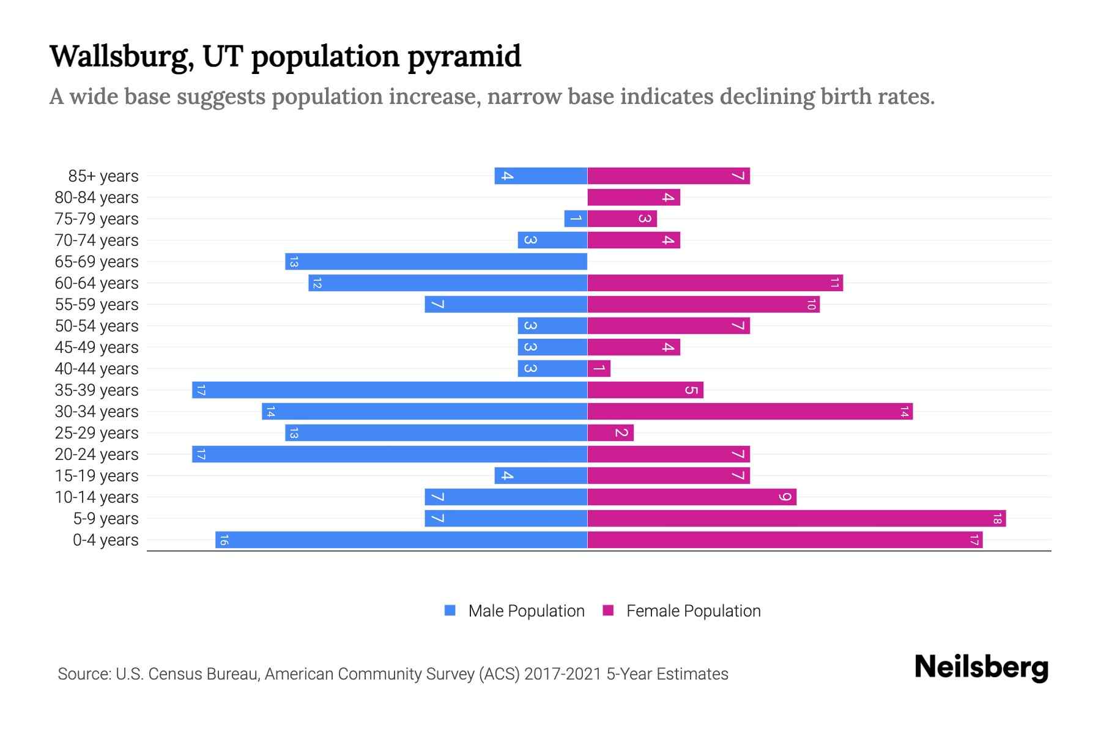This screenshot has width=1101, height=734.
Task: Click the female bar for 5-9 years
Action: coord(796,519)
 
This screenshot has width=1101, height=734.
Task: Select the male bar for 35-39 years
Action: coord(390,390)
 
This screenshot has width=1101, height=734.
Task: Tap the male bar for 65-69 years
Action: coord(436,262)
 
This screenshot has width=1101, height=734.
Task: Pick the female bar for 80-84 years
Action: coord(634,198)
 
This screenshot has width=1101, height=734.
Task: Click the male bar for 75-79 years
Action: coord(576,219)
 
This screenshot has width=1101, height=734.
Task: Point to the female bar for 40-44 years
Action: coord(599,369)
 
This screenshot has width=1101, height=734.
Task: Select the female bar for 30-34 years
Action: coord(750,412)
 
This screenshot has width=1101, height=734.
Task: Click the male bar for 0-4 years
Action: coord(401,540)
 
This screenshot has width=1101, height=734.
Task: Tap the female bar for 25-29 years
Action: coord(610,433)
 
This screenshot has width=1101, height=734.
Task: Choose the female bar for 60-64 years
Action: coord(715,283)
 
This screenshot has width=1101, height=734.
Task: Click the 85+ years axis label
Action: coord(103,176)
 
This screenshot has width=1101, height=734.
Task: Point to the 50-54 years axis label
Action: coord(97,326)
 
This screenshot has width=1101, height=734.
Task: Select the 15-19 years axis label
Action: coord(97,476)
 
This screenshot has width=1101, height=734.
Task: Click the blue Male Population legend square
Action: coord(450,610)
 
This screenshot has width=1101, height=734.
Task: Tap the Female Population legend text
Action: coord(693,611)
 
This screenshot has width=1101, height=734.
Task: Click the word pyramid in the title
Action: coord(464,57)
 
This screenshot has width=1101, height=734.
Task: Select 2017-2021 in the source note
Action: coord(562,674)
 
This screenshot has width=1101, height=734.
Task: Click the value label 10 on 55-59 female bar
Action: coord(811,305)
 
